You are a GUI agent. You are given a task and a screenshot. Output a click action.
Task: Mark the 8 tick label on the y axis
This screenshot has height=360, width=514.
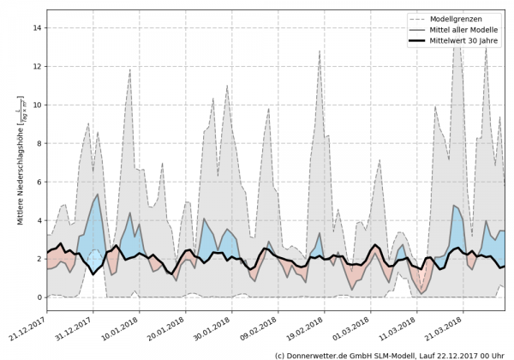(39, 143)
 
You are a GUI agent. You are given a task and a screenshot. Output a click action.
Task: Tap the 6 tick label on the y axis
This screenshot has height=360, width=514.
(39, 182)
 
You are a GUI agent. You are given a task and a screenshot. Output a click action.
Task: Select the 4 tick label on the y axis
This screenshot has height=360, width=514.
(39, 220)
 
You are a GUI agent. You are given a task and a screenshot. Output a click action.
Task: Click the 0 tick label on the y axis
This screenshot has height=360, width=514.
(39, 297)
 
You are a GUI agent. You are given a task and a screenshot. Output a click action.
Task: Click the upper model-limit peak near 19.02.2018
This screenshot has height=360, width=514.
(320, 51)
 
